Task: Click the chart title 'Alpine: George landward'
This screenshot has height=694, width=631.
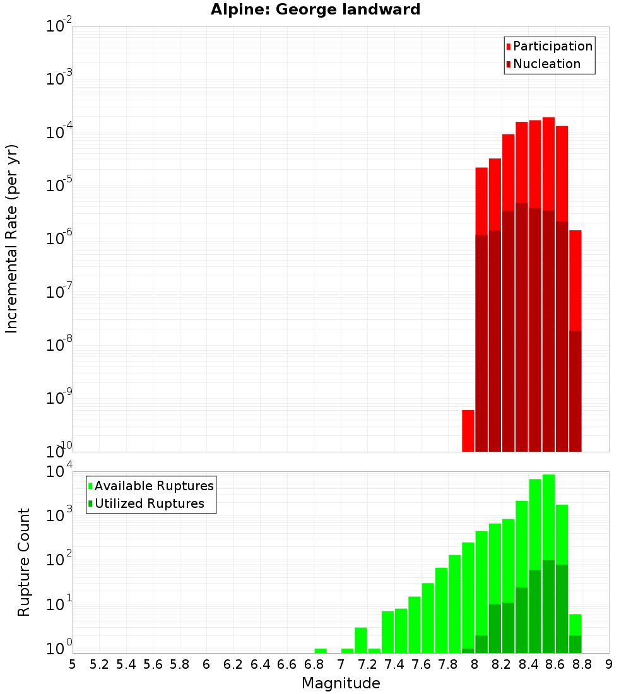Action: (x=315, y=9)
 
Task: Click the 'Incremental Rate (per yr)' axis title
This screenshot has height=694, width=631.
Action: (x=12, y=238)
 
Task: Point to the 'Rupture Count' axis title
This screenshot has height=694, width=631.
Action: (x=24, y=562)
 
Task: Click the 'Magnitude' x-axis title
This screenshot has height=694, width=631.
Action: (x=341, y=683)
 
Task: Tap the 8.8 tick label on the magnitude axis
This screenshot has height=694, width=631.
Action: (x=582, y=664)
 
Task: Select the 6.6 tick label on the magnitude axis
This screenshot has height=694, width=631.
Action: (x=287, y=664)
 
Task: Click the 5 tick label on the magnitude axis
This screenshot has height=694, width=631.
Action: (x=73, y=664)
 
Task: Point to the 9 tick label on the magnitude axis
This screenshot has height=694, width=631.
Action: (x=609, y=664)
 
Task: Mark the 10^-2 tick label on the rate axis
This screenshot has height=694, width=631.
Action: (x=59, y=26)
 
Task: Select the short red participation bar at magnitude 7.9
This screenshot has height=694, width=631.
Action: (x=468, y=431)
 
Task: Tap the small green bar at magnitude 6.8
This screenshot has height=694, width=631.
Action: (x=321, y=650)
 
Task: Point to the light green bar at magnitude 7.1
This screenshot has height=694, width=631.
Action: (x=361, y=640)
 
